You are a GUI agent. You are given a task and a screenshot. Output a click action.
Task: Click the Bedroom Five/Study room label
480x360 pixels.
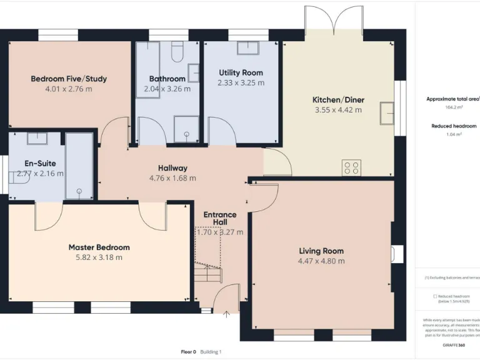69,79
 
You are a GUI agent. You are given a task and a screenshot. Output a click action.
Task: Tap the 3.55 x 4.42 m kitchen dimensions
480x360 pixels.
338,110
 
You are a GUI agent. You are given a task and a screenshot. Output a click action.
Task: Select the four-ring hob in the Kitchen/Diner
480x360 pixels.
351,167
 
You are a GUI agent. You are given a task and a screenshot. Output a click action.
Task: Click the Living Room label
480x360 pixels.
321,251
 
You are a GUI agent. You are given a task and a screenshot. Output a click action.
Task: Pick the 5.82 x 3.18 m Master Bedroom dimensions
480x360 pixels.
99,257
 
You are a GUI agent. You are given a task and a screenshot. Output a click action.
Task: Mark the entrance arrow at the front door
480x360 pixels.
226,314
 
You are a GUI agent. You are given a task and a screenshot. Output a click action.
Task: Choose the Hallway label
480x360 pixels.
172,167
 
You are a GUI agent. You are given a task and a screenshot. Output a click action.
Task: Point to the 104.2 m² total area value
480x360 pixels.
451,107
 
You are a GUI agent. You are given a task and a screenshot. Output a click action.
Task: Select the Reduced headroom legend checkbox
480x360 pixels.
435,296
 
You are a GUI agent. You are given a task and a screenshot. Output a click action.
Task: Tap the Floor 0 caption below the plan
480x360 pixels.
188,352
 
